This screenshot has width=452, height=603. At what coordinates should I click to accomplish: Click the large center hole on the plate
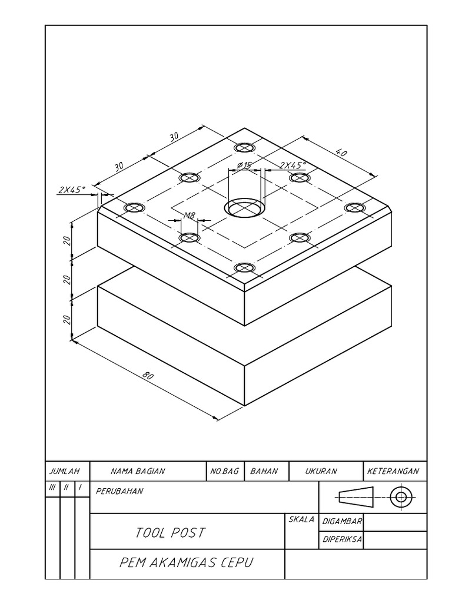[244, 208]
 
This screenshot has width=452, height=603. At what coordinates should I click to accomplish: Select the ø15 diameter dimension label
[243, 165]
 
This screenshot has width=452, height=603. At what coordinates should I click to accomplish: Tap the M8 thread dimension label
[189, 216]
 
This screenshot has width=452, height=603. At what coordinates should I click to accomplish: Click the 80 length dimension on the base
[147, 376]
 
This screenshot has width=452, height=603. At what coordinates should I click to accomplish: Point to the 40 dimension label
[341, 153]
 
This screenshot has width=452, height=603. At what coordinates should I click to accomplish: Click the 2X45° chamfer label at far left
[72, 189]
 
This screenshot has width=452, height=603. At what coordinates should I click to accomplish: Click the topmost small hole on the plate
[244, 147]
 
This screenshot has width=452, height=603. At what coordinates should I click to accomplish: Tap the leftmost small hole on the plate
[134, 208]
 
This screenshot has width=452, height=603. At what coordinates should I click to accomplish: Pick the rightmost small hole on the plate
[354, 207]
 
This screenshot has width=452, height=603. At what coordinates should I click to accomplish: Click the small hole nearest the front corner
[244, 269]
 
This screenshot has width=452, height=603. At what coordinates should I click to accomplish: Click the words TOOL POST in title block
[171, 533]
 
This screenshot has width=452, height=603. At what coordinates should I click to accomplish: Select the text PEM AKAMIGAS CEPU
[186, 562]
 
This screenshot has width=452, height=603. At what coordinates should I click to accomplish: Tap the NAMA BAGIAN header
[138, 471]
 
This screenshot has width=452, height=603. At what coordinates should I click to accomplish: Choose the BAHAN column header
[264, 471]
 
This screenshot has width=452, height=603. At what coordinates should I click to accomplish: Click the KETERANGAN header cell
[393, 471]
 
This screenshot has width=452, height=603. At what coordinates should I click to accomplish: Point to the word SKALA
[301, 519]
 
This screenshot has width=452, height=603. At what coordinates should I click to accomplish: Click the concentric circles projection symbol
[401, 497]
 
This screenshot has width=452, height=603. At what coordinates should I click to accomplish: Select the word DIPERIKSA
[342, 539]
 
